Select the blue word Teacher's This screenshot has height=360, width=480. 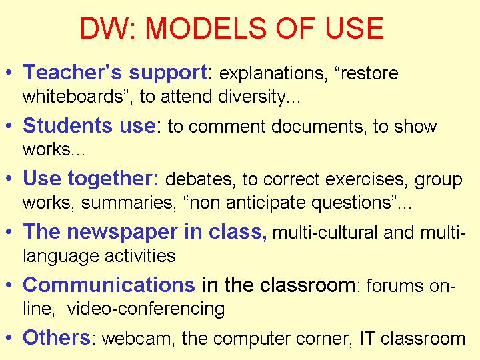(x=73, y=72)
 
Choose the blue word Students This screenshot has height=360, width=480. (x=67, y=125)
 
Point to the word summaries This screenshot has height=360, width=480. (x=129, y=203)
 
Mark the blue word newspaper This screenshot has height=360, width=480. (x=122, y=233)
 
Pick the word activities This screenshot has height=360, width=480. (x=140, y=256)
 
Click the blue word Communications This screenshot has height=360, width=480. (x=109, y=285)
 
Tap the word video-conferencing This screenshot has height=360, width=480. (x=146, y=309)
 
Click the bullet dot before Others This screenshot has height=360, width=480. (x=9, y=337)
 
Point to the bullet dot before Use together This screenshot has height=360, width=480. (x=9, y=179)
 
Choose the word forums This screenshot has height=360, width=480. (x=395, y=285)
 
